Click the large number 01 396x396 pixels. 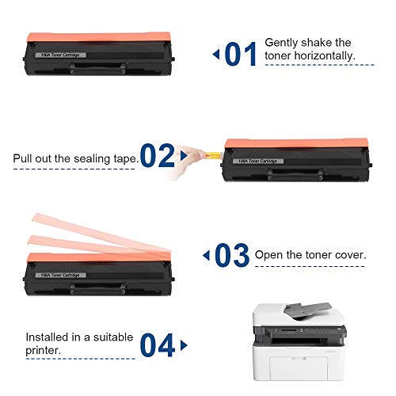(241, 54)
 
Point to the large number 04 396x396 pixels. (158, 345)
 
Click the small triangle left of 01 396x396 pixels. (215, 54)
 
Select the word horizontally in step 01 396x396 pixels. (326, 56)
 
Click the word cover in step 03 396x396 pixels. (348, 256)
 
